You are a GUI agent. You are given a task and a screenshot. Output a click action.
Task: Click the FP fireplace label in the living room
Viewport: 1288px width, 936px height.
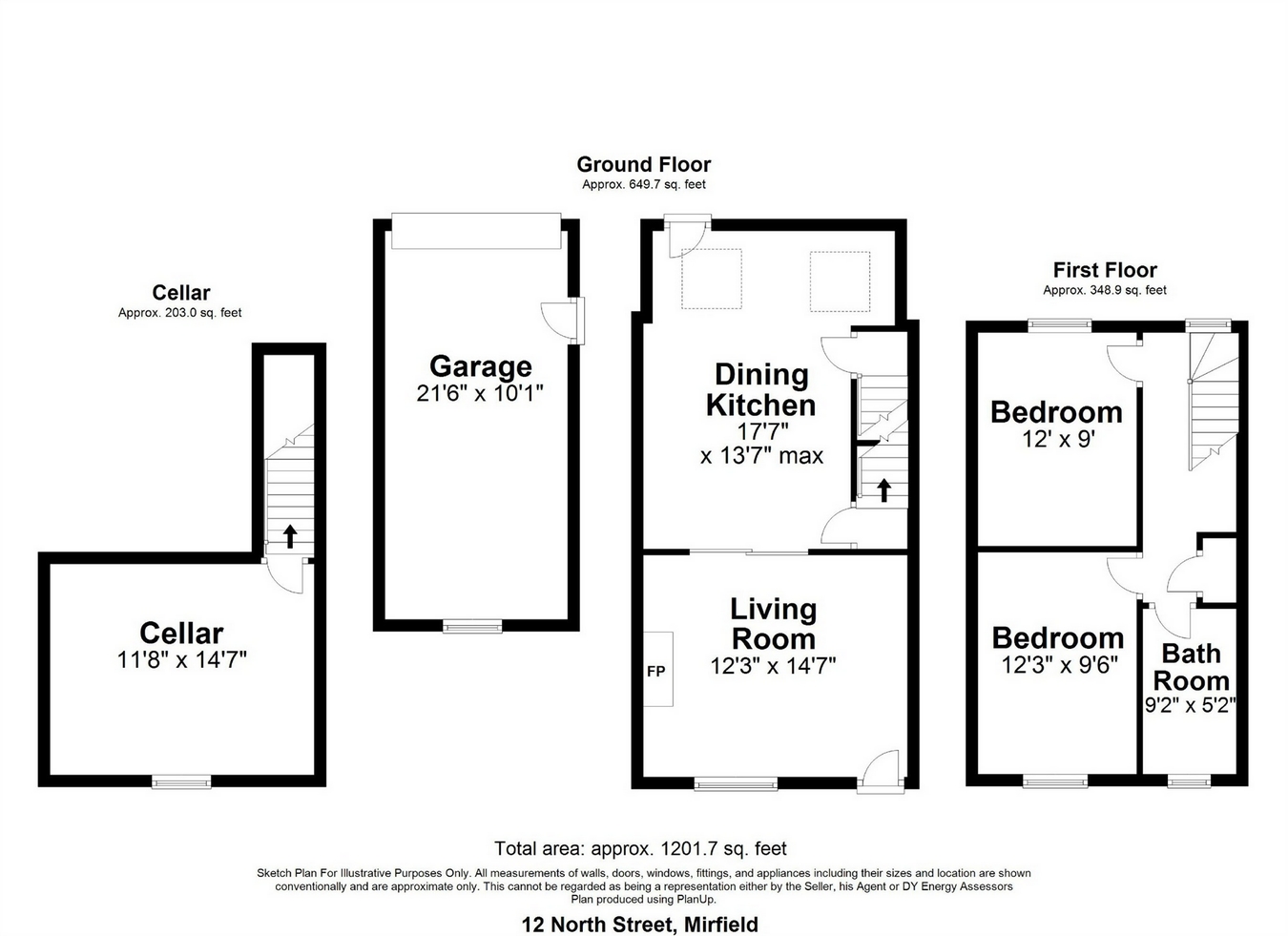tap(656, 671)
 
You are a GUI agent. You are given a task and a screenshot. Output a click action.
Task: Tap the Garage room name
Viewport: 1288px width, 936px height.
tap(481, 366)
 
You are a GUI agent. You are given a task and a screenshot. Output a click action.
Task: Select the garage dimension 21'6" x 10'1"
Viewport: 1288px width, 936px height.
tap(480, 393)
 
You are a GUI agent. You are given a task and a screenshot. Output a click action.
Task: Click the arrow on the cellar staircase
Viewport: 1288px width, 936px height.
tap(290, 536)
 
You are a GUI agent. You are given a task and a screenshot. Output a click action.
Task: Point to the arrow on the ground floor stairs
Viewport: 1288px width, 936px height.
tap(883, 490)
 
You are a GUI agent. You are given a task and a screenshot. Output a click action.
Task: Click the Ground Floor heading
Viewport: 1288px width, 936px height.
tap(643, 164)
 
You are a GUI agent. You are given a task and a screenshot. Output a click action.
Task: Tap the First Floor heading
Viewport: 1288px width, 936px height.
tap(1105, 270)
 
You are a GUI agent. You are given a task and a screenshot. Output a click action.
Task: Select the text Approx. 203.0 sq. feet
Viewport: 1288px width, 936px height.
tap(180, 313)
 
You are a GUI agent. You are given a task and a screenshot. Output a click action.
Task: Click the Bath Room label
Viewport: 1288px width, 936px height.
tap(1191, 667)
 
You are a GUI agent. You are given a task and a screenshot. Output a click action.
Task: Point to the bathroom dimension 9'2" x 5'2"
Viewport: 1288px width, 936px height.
tap(1191, 705)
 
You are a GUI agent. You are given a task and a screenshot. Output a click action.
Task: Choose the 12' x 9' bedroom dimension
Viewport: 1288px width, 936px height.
tap(1058, 439)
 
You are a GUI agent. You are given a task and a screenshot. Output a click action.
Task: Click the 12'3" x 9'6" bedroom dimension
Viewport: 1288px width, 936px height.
tap(1059, 665)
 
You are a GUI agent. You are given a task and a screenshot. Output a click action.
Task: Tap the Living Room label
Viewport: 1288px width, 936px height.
tap(774, 624)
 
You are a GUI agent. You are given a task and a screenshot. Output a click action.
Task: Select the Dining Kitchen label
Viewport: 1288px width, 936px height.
tap(760, 390)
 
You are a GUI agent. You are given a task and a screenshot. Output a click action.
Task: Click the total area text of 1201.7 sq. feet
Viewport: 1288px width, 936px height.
tap(640, 848)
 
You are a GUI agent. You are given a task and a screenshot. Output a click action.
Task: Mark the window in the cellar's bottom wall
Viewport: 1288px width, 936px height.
tap(181, 781)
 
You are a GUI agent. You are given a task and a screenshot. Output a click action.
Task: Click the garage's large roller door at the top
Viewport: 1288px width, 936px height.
tap(476, 231)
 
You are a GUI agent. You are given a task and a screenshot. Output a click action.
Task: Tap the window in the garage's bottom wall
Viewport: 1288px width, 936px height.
tap(472, 626)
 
